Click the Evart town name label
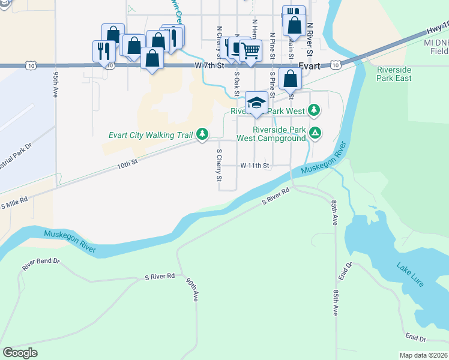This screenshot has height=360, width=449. [309, 66]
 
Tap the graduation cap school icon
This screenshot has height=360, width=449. [256, 103]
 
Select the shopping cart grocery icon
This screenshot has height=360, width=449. [251, 50]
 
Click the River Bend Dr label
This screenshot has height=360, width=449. [41, 262]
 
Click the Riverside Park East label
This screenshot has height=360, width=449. [394, 74]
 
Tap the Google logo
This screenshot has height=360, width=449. [20, 353]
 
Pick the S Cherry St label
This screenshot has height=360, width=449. [219, 166]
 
